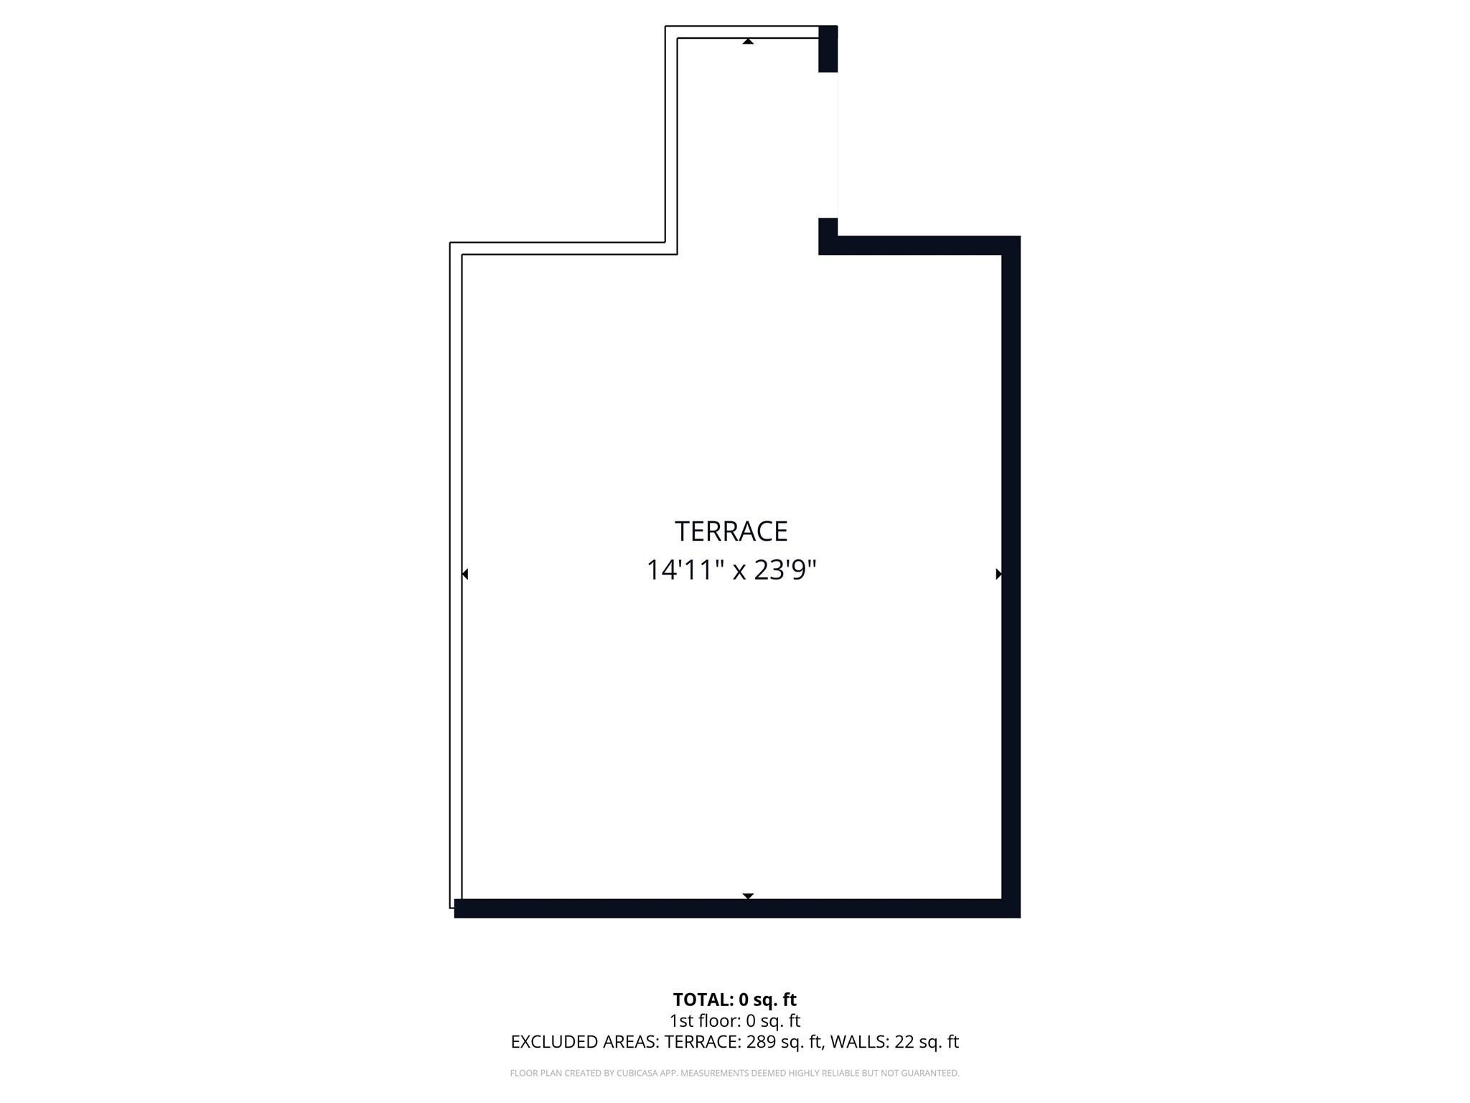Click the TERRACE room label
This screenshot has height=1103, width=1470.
point(731,531)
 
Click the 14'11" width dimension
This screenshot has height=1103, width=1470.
point(683,570)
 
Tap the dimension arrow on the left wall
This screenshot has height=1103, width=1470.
point(465,574)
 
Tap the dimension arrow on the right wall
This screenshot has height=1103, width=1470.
point(998,574)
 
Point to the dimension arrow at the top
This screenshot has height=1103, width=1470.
point(748,42)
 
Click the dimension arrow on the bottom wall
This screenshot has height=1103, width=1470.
point(748,896)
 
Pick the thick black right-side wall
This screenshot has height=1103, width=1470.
point(1011,574)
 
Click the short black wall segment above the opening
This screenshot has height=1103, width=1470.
point(828,49)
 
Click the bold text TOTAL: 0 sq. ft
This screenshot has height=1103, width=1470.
point(734,1000)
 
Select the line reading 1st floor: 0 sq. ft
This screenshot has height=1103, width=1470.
point(734,1020)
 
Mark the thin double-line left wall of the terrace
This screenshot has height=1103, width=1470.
point(456,574)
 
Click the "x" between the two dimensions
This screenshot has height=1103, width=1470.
point(739,572)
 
